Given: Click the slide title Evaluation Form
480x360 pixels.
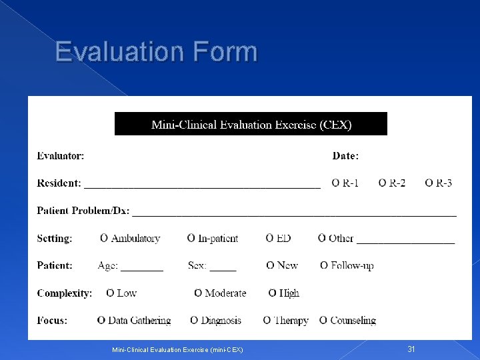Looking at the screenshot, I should pos(156,51).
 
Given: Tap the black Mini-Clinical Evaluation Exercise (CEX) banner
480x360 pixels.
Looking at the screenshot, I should pos(251,124).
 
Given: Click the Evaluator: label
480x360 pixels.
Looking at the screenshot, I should pos(61,156).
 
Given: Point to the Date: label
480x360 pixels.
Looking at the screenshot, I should pos(345,156).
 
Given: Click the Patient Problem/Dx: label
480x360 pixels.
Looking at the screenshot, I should pos(83,211).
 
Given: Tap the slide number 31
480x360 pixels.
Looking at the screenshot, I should pos(411,349).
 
